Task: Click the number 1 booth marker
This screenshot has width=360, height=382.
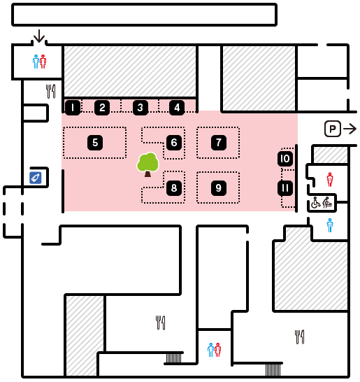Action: pos(73,108)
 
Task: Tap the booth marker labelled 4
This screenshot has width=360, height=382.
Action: pos(177,108)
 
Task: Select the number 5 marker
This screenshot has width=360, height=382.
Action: pos(95,143)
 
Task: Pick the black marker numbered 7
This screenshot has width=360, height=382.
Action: pos(219,143)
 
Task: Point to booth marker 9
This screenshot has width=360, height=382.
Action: pos(219,188)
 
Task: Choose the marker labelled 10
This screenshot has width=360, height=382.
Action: pos(285,159)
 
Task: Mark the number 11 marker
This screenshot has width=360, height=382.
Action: pos(285,188)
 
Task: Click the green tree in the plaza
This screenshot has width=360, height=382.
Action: pos(147,164)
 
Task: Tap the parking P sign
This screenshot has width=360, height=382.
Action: pos(333,129)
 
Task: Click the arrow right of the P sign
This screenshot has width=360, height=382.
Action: pos(350,129)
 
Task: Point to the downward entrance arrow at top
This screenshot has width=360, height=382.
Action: pos(39,36)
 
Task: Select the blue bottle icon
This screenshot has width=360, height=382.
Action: pos(36,178)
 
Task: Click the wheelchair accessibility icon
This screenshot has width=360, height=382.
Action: pos(316,203)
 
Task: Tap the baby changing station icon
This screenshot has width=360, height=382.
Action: pos(328,203)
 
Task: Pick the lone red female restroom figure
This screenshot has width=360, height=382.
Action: pos(330,180)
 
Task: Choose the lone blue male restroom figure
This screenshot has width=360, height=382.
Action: pos(330,225)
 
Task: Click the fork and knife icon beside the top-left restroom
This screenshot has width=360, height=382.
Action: pos(50,92)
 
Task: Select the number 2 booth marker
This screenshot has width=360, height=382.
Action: pos(102,108)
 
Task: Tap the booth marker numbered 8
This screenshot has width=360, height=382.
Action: pos(174,188)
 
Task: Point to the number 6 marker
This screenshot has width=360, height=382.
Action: pos(174,143)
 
